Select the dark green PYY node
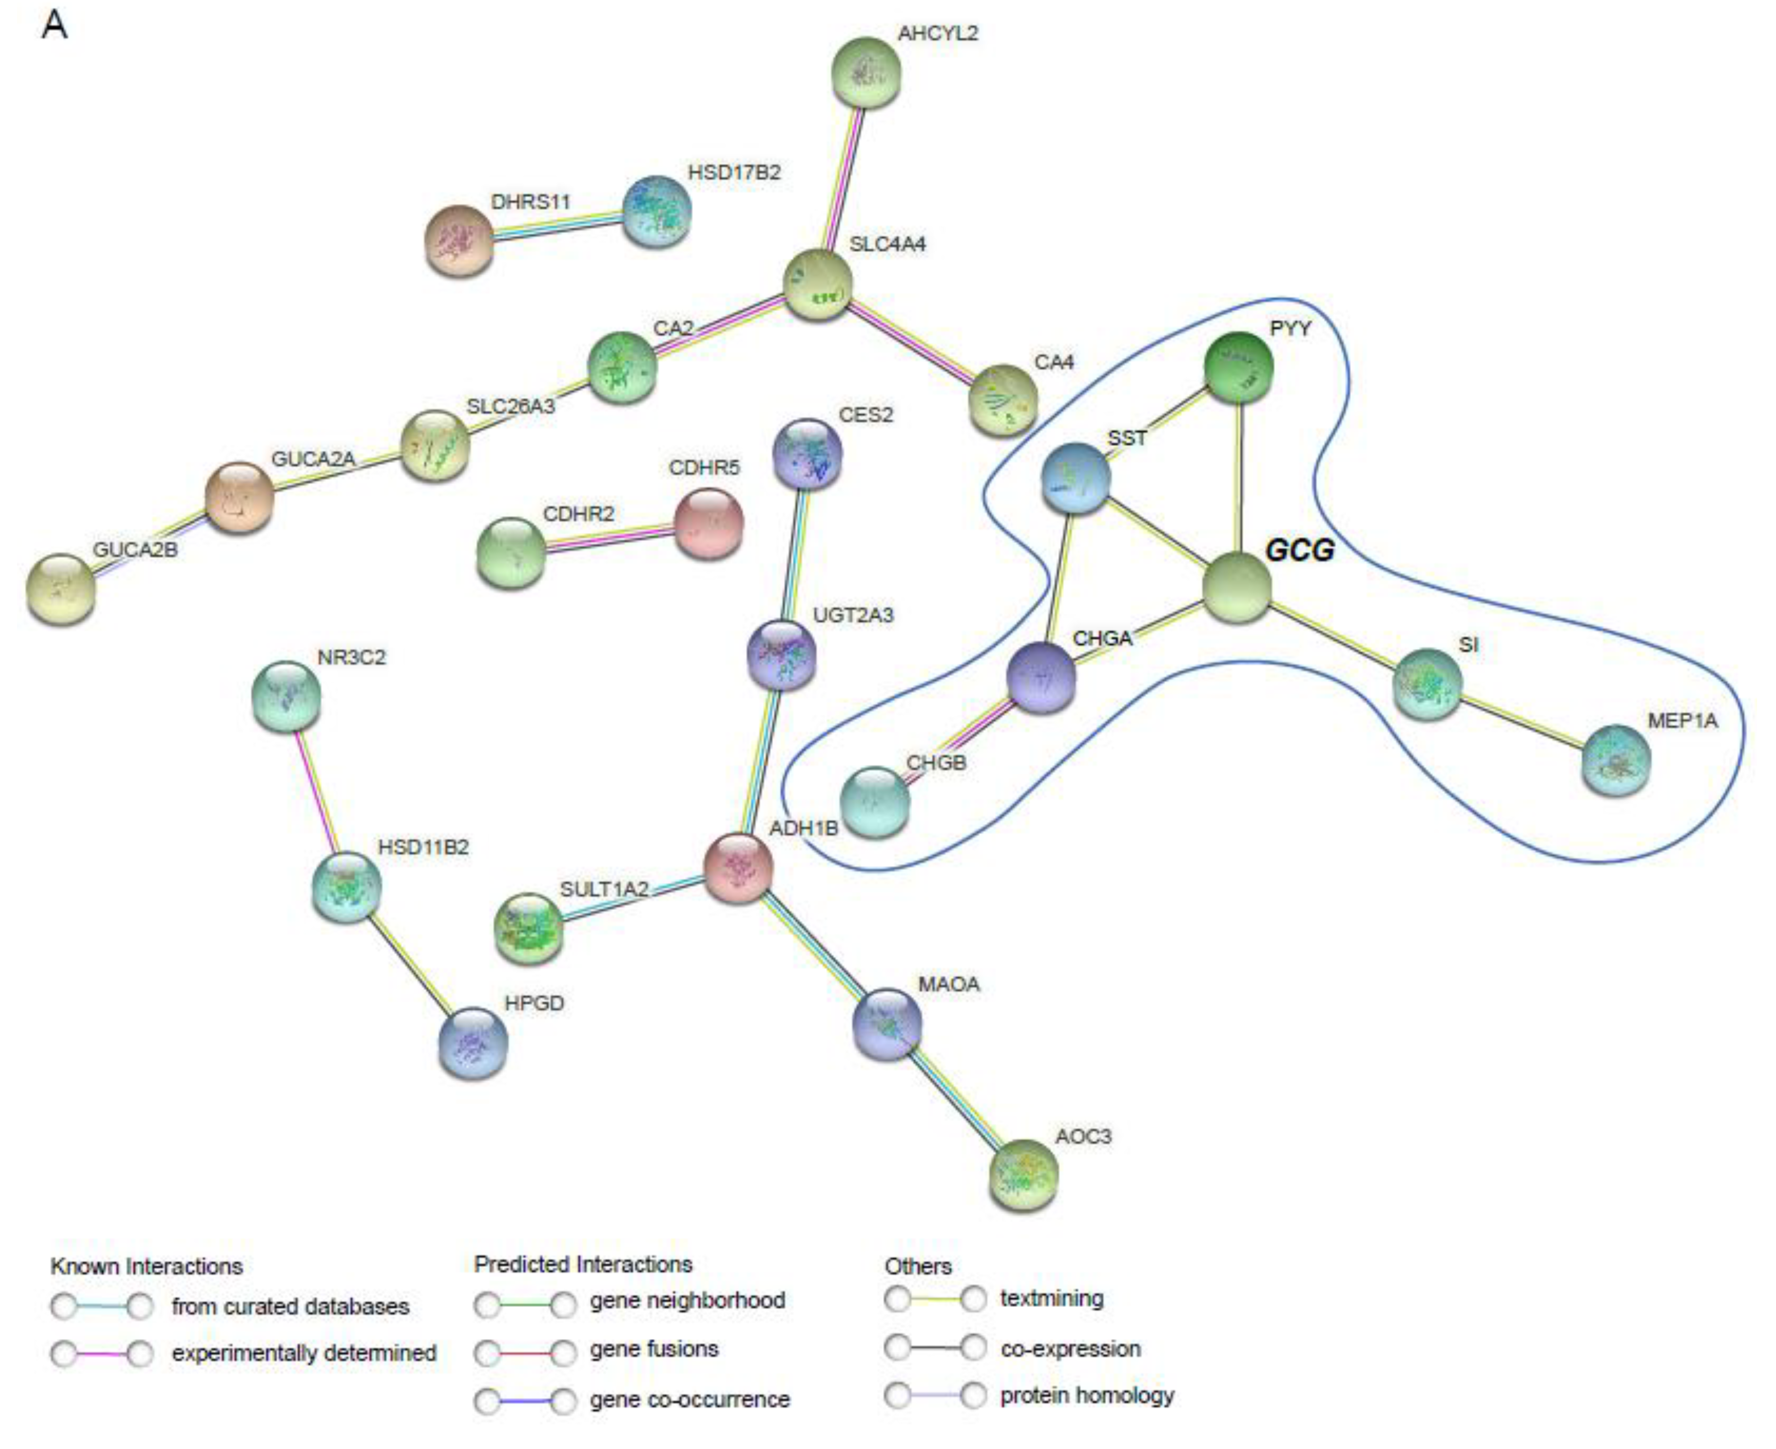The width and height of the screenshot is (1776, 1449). [x=1238, y=367]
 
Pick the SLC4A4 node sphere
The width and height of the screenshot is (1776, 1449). [x=818, y=284]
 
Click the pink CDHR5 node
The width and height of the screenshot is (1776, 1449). [x=708, y=523]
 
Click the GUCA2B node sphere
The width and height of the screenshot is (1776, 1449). [x=61, y=589]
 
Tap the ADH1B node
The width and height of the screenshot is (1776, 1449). [x=738, y=868]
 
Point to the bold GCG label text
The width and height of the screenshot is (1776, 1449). [x=1299, y=550]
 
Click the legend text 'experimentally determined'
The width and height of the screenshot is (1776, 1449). [x=304, y=1353]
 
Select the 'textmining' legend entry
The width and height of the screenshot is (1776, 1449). [x=1052, y=1299]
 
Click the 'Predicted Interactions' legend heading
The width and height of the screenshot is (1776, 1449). [x=582, y=1264]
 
